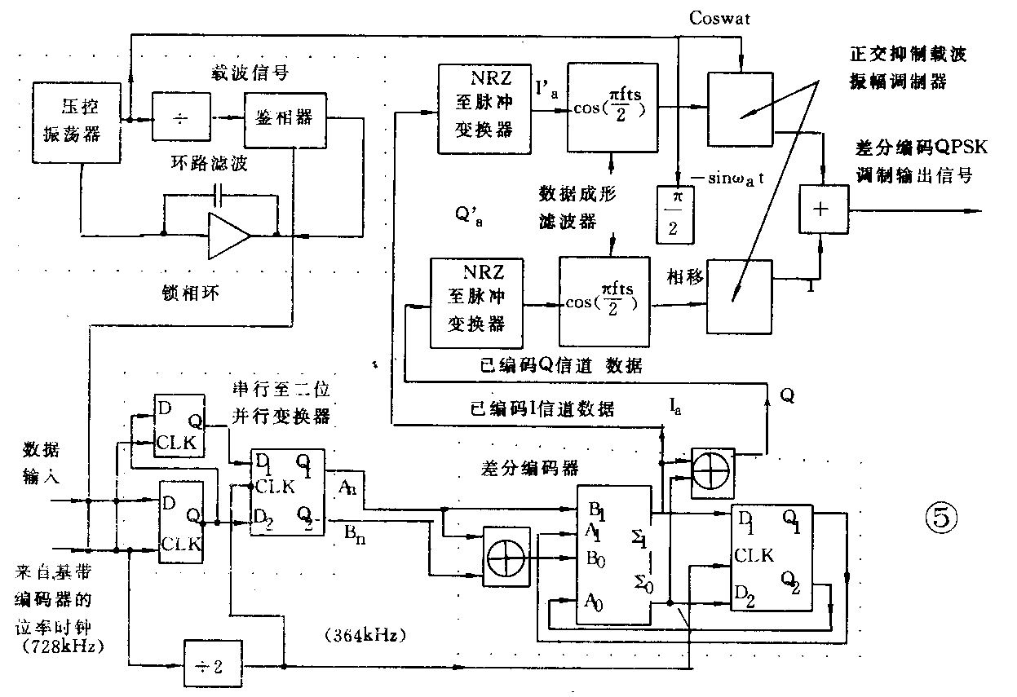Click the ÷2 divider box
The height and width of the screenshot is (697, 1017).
(x=214, y=666)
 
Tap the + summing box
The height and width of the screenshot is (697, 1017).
(x=821, y=210)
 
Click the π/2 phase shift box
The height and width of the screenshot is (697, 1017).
(x=674, y=214)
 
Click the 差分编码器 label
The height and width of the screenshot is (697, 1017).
(x=529, y=467)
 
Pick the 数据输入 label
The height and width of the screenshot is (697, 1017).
(x=41, y=462)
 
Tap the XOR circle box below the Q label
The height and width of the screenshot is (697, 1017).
(x=713, y=470)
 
